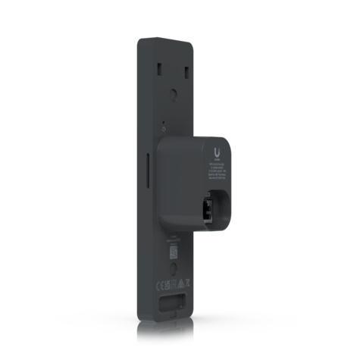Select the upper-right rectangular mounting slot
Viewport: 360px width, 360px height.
coord(186,73)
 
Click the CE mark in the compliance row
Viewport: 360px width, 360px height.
coord(159,286)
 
